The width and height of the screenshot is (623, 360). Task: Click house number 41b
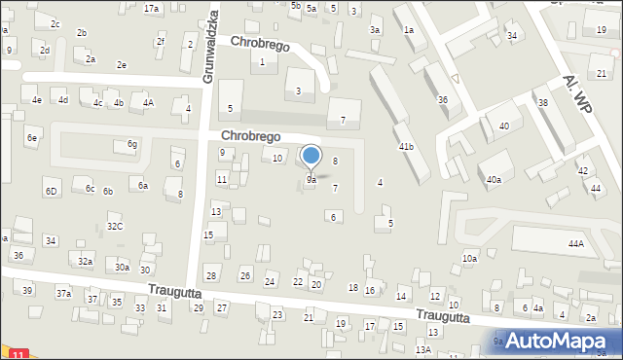[406, 146]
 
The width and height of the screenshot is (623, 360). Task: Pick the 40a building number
[495, 179]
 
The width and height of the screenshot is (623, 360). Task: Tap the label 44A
[576, 243]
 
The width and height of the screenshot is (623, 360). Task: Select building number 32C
[115, 226]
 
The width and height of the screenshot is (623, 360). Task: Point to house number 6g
[132, 145]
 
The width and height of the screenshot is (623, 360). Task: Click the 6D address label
[51, 191]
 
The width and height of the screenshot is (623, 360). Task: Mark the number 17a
[151, 8]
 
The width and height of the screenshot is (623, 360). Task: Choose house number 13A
[422, 349]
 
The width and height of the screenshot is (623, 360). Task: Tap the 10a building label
[470, 258]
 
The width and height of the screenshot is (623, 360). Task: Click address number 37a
[63, 293]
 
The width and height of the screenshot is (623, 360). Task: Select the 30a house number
[122, 267]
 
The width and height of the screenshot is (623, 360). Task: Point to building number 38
[543, 102]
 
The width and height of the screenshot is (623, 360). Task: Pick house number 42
[583, 170]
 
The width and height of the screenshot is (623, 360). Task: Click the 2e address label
[122, 64]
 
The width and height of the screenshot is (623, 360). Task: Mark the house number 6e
[32, 138]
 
